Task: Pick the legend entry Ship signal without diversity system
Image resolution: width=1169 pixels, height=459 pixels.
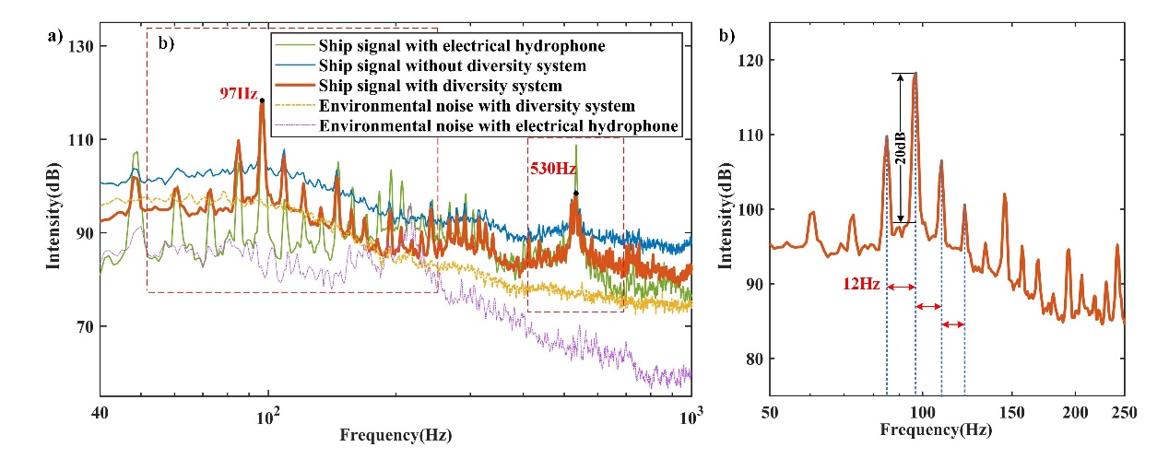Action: click(x=452, y=66)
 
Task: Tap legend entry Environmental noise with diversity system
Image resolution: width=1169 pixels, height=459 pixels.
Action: click(x=476, y=107)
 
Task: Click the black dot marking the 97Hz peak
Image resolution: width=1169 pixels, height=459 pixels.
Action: click(x=262, y=100)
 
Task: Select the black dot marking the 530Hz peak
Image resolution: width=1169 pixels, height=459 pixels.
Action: click(x=576, y=194)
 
